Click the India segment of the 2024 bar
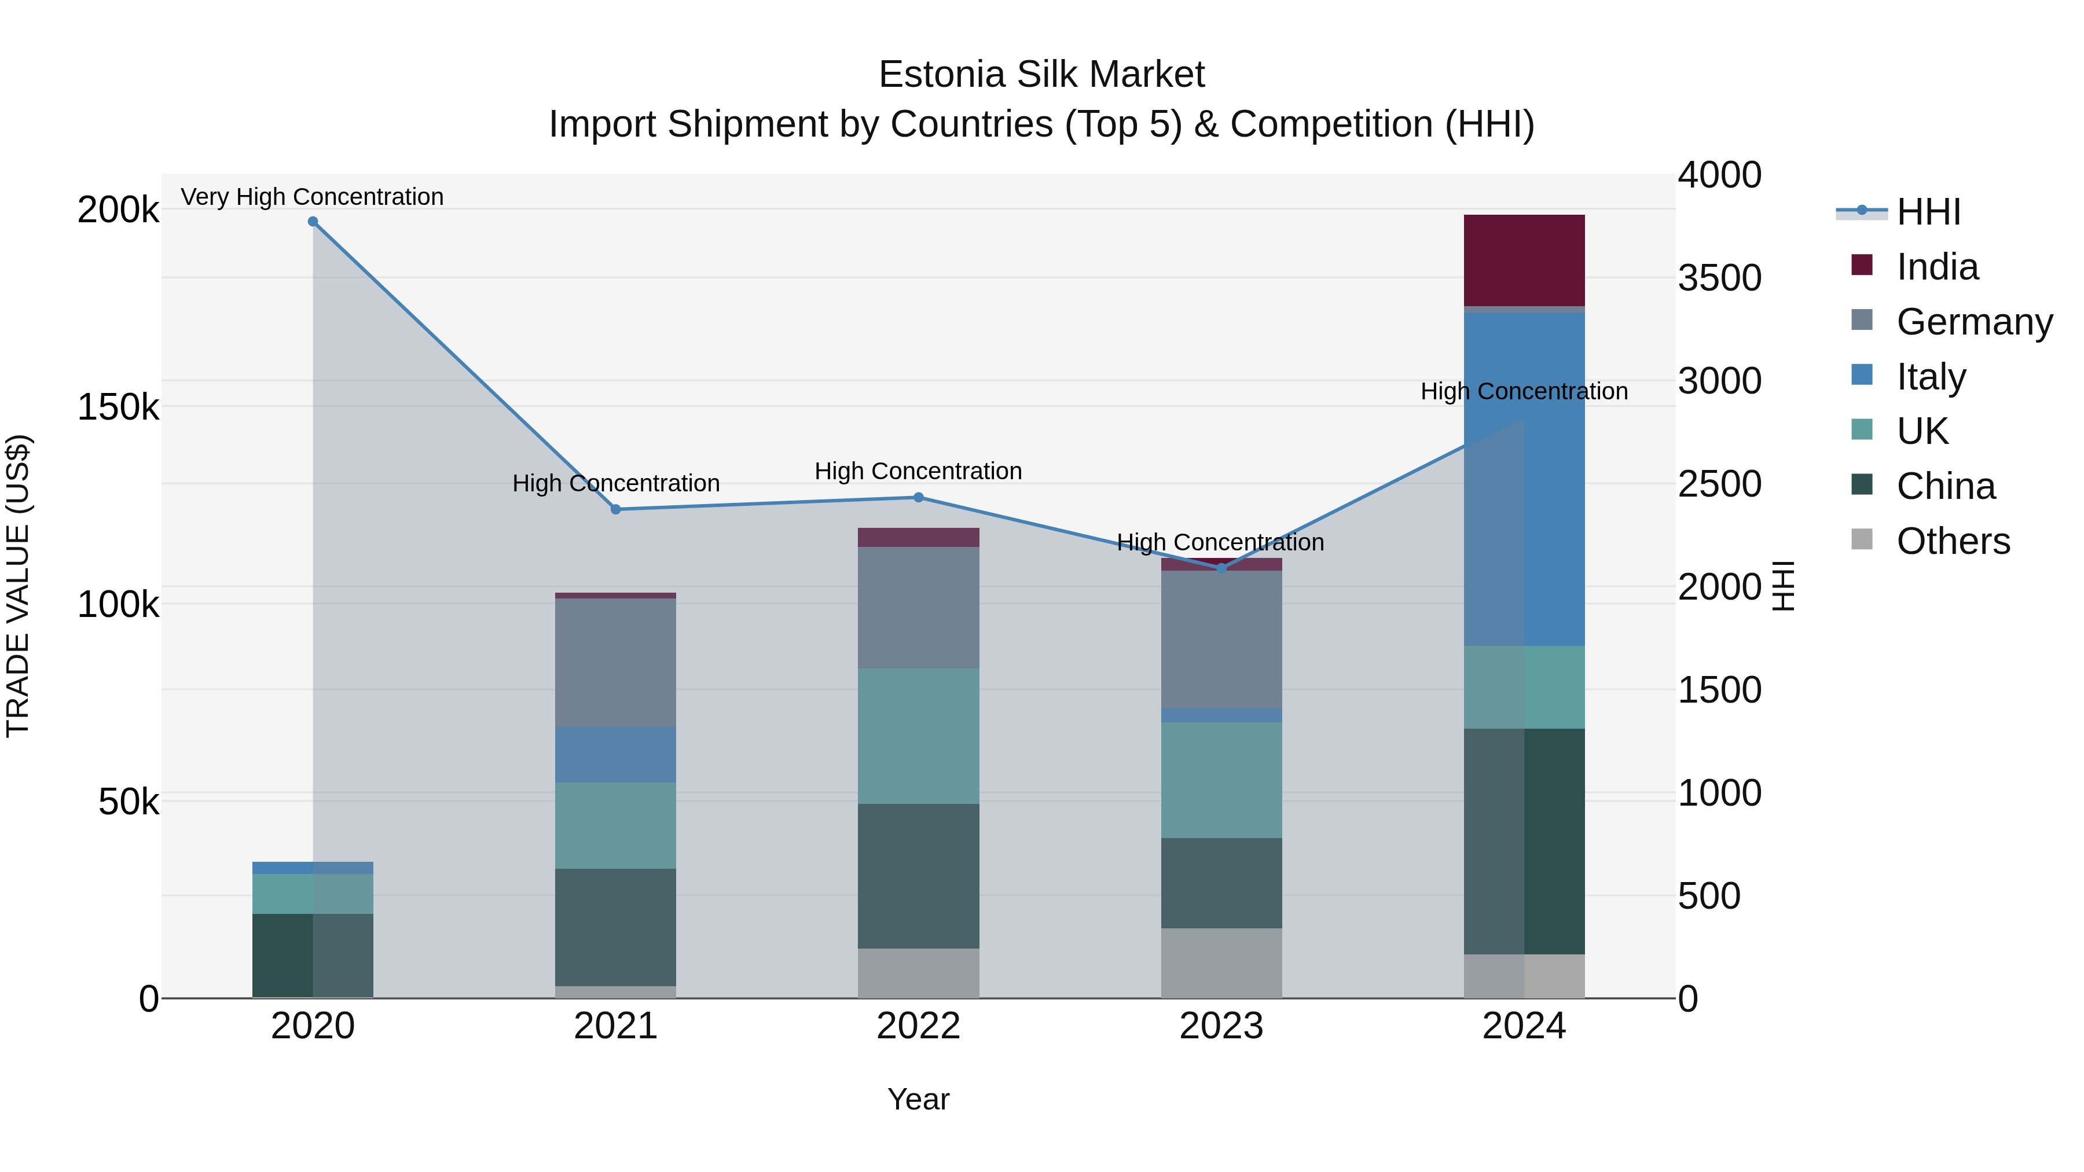[x=1524, y=260]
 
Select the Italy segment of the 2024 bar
[x=1524, y=479]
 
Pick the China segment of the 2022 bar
[x=918, y=876]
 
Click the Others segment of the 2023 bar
[x=1221, y=962]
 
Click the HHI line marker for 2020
[x=313, y=222]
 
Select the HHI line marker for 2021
[x=616, y=509]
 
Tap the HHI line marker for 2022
[x=918, y=497]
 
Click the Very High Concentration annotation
[x=312, y=197]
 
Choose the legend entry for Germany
[x=1974, y=322]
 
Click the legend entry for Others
[x=1952, y=541]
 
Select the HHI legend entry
[x=1928, y=212]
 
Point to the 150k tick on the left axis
[x=118, y=407]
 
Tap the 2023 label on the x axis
[x=1221, y=1026]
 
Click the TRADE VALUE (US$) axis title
[x=19, y=586]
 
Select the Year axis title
[x=918, y=1099]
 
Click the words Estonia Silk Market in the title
[x=1041, y=75]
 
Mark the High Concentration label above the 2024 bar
[x=1524, y=391]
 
